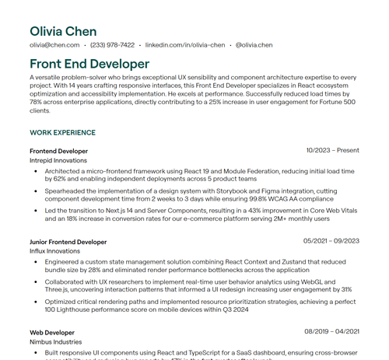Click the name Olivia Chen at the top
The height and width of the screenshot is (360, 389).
[63, 31]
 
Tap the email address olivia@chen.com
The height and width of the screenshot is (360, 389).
[54, 45]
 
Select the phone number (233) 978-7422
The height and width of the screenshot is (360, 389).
[112, 45]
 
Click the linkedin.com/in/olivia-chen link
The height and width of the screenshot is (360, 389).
[185, 45]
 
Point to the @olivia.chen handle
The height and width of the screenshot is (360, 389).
[254, 45]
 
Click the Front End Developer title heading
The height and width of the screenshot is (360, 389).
[89, 64]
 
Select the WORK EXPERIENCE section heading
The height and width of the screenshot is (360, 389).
[62, 133]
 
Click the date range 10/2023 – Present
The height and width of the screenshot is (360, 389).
[332, 150]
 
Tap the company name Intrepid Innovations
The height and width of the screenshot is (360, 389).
[58, 160]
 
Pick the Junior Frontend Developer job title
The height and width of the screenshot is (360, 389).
[68, 242]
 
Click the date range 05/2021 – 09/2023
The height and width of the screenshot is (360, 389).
[331, 242]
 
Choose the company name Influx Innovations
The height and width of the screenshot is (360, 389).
[54, 251]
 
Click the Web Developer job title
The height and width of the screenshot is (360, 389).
[52, 333]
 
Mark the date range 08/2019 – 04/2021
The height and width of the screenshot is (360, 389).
[331, 333]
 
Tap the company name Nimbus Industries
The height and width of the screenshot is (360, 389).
[56, 342]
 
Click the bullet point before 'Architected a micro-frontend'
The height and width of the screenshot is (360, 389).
[35, 171]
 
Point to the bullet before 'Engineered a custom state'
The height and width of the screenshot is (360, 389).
[35, 262]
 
